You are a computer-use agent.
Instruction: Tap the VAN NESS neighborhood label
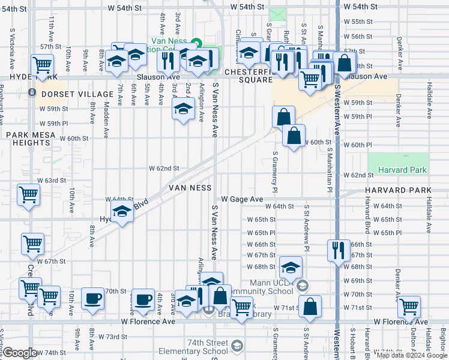190,188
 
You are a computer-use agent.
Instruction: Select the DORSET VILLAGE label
77,94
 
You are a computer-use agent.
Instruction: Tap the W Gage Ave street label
242,199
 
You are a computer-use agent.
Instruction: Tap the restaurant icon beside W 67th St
339,250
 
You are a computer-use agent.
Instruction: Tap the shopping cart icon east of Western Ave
409,306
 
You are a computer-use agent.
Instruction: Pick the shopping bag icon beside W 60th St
294,136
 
